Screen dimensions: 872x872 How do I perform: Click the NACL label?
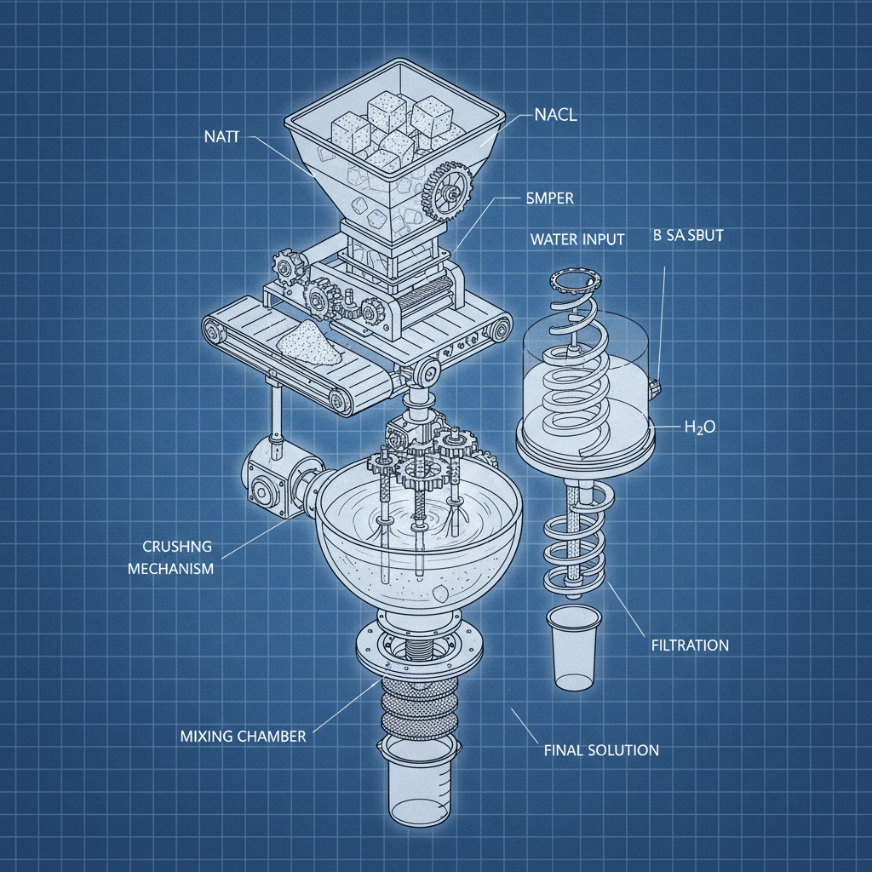[x=555, y=116]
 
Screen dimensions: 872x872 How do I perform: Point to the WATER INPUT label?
[x=577, y=239]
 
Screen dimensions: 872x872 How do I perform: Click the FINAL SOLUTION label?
[x=601, y=750]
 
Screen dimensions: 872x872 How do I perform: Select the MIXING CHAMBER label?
[x=243, y=736]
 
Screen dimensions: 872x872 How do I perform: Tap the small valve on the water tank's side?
[x=655, y=386]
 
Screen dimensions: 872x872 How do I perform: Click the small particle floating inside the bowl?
[x=439, y=590]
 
